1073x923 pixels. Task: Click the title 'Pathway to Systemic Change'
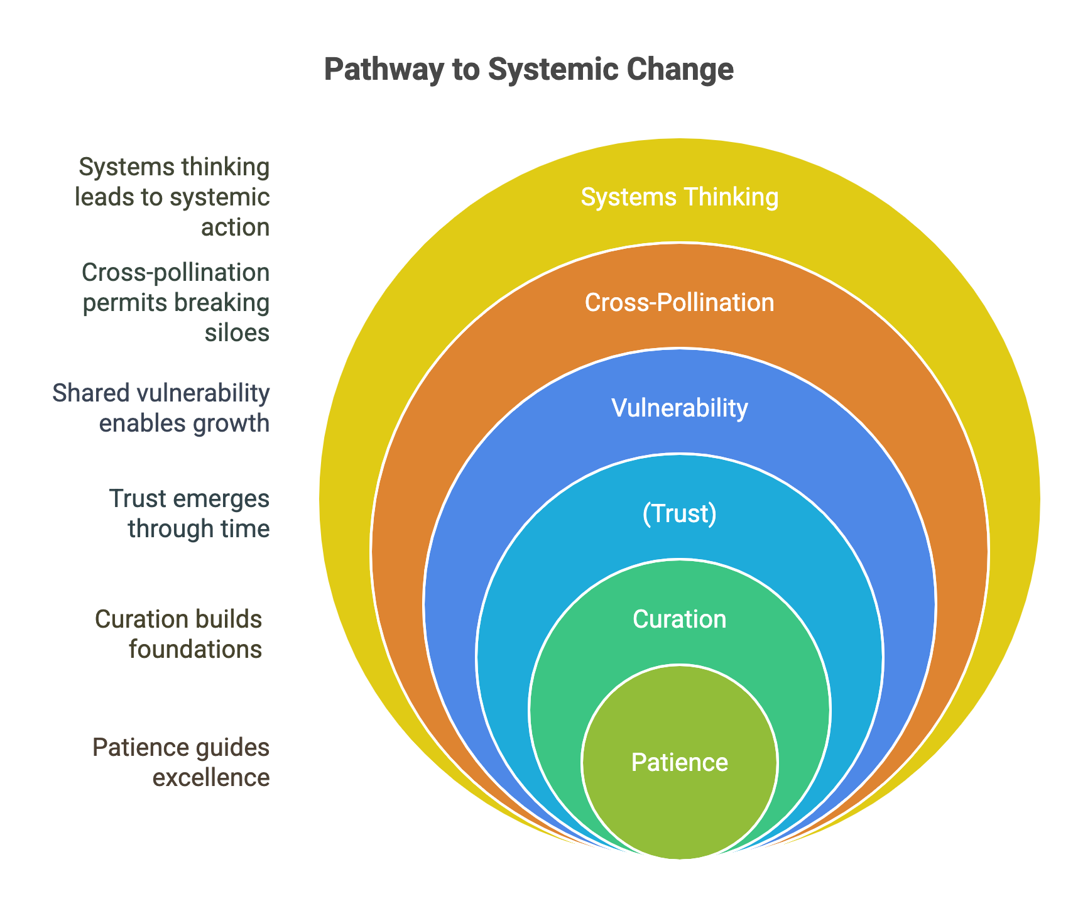[529, 70]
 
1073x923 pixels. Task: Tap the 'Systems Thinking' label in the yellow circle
[680, 197]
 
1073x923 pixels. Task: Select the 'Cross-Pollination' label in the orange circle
[680, 303]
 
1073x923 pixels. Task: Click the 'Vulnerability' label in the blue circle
[680, 408]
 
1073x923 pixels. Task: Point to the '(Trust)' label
[680, 514]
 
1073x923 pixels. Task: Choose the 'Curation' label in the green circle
[680, 620]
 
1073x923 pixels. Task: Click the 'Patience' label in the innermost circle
[680, 762]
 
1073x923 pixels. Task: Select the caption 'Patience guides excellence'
[182, 763]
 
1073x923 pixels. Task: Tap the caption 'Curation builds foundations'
[178, 634]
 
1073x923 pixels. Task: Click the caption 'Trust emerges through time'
[190, 513]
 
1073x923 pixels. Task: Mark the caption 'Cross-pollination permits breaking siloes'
[175, 302]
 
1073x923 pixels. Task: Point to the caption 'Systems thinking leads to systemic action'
[173, 197]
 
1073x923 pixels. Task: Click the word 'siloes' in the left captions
[237, 332]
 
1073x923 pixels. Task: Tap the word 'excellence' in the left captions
[212, 778]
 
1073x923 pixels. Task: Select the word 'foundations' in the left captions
[195, 649]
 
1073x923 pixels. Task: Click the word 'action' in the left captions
[236, 227]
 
